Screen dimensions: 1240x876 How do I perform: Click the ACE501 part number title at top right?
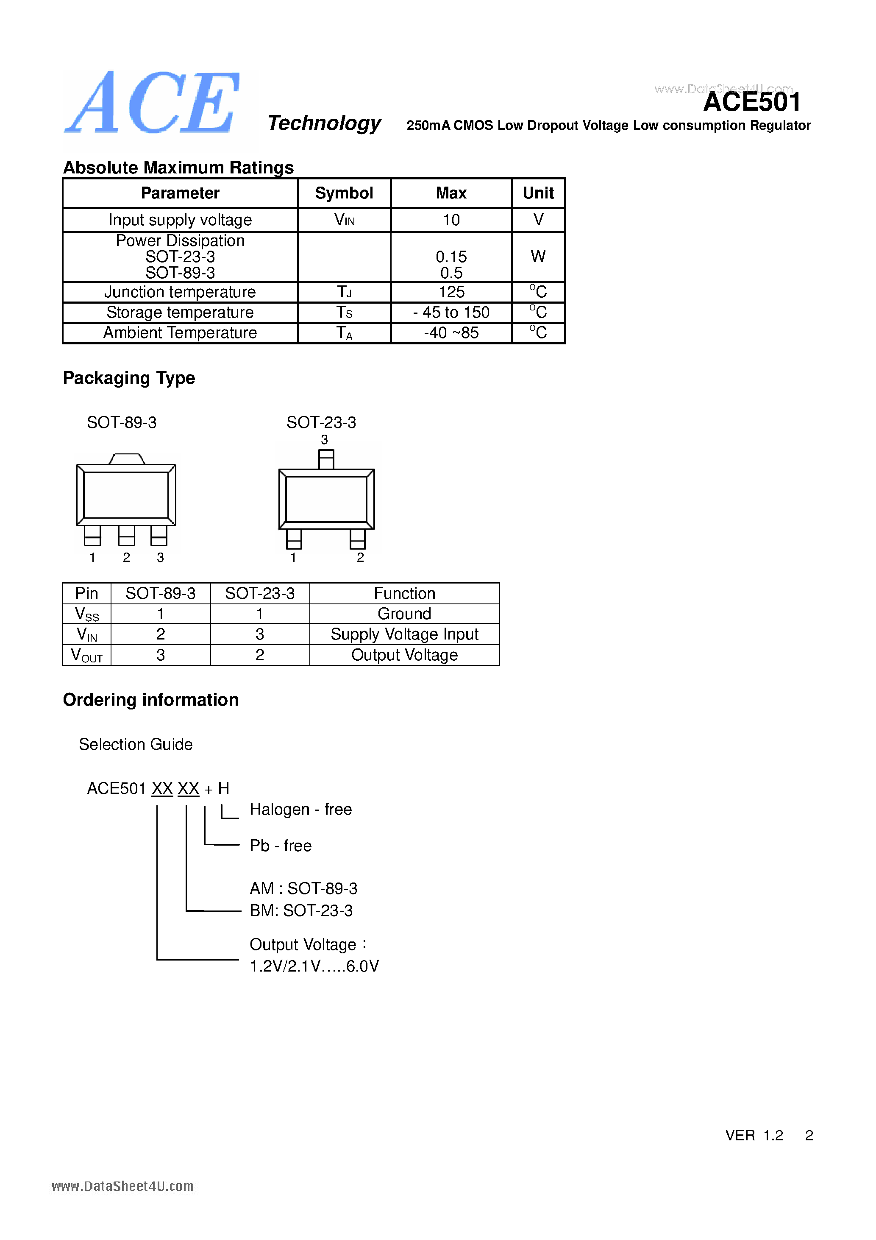point(751,102)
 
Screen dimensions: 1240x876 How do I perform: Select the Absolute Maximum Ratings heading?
point(178,168)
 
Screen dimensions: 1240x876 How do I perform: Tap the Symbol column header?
point(344,193)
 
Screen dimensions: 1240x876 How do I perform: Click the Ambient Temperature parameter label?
point(180,332)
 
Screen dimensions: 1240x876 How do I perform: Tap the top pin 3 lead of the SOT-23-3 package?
point(326,459)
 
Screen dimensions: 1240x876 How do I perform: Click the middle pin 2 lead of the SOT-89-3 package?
point(126,536)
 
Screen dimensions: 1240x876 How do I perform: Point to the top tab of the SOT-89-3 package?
point(127,458)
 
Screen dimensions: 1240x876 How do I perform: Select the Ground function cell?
point(404,614)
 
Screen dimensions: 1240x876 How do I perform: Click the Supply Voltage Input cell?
point(404,634)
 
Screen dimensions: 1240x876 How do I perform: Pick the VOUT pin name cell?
point(86,655)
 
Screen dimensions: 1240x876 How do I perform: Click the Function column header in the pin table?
point(404,593)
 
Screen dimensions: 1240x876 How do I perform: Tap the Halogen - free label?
point(300,809)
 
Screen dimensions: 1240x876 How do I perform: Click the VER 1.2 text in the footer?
point(754,1135)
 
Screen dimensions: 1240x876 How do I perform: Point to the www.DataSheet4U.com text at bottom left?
point(122,1186)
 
